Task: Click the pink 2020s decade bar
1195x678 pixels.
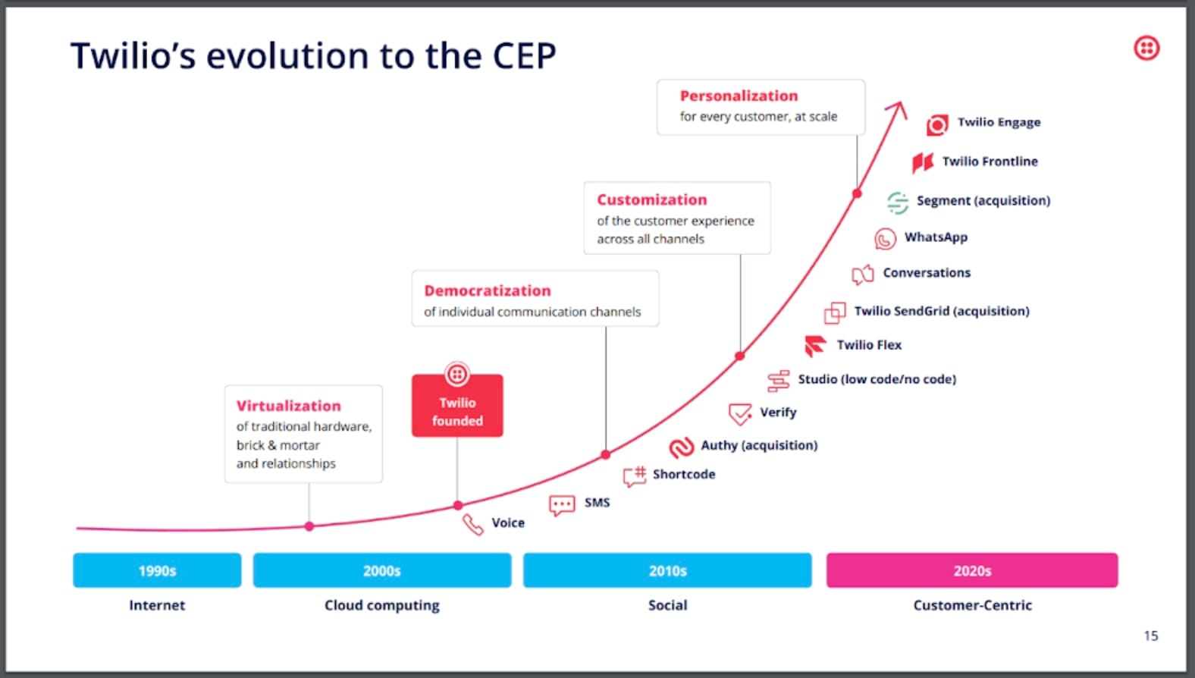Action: pyautogui.click(x=971, y=570)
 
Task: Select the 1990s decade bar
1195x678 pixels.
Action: pyautogui.click(x=157, y=570)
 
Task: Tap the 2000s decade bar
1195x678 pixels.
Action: pyautogui.click(x=381, y=570)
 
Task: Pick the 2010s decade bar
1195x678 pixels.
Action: pyautogui.click(x=667, y=570)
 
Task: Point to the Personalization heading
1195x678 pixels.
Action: pyautogui.click(x=739, y=96)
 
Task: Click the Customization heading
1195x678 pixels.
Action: pyautogui.click(x=651, y=200)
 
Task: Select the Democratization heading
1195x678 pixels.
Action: pyautogui.click(x=487, y=291)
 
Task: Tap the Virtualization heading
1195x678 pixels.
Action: pyautogui.click(x=288, y=406)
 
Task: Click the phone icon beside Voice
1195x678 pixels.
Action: pyautogui.click(x=473, y=524)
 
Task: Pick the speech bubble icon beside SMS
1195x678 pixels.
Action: pyautogui.click(x=562, y=505)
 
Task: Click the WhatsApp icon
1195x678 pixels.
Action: pyautogui.click(x=885, y=239)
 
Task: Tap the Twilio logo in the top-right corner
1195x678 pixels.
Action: pyautogui.click(x=1146, y=49)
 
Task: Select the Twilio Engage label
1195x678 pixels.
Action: pyautogui.click(x=999, y=122)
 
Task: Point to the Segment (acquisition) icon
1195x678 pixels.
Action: pyautogui.click(x=898, y=202)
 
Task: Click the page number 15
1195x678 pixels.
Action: pyautogui.click(x=1150, y=636)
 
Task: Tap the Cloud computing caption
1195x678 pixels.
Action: pyautogui.click(x=381, y=605)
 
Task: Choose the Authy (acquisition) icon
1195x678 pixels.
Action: pyautogui.click(x=681, y=447)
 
